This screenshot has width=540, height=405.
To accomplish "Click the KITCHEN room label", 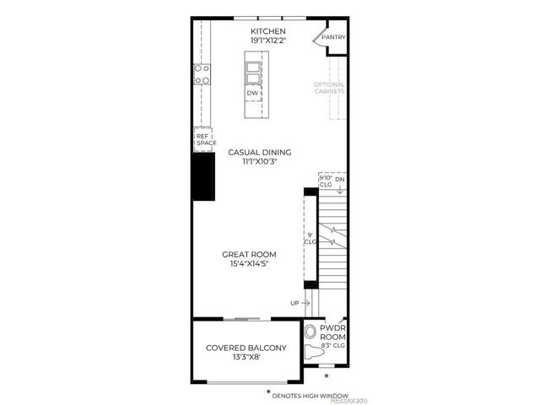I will (x=262, y=31).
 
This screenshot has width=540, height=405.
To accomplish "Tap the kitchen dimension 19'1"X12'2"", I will (x=262, y=40).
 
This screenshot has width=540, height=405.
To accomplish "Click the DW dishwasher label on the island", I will (x=252, y=93).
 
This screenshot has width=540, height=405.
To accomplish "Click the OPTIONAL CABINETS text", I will (x=329, y=87).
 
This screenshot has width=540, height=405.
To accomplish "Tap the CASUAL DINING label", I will (x=260, y=152).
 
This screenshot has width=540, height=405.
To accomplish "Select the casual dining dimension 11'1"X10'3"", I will (x=260, y=161).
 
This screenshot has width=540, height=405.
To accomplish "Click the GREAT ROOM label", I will (x=249, y=254).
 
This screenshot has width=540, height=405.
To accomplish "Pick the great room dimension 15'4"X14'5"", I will (x=249, y=263).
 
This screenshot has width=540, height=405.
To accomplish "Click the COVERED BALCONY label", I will (x=246, y=348).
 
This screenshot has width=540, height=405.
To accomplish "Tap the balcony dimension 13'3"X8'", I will (x=246, y=358).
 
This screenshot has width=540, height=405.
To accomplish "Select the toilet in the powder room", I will (x=310, y=332).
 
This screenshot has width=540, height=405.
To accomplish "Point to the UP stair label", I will (x=294, y=302).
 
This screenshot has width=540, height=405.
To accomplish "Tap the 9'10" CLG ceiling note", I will (x=326, y=181).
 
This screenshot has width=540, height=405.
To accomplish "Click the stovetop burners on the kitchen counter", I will (x=202, y=75).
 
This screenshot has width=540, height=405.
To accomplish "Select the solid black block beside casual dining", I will (x=203, y=176).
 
